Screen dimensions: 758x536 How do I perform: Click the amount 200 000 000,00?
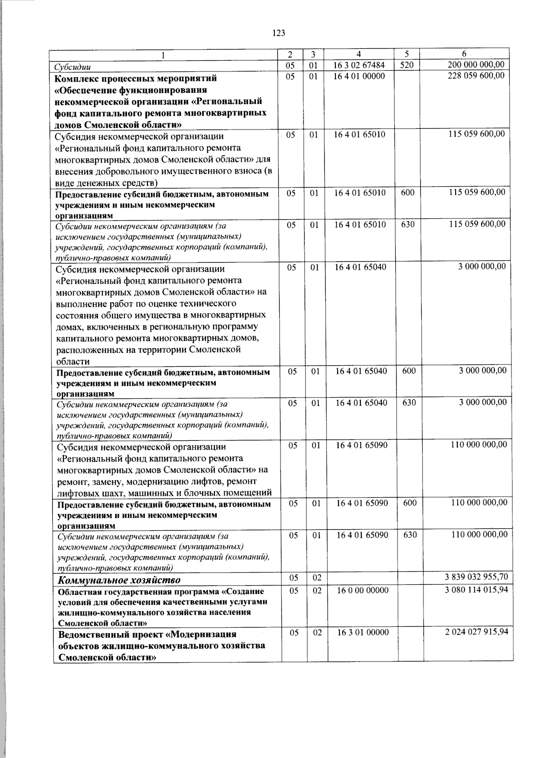[476, 66]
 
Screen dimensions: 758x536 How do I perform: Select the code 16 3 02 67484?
[359, 66]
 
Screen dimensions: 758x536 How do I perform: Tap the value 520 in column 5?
[406, 66]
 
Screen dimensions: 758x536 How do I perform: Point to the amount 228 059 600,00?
[476, 76]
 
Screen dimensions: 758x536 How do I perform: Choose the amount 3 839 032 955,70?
[476, 577]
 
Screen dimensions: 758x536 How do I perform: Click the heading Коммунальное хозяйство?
[120, 580]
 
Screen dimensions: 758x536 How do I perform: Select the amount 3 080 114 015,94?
[476, 590]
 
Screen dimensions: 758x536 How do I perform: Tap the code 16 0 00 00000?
[363, 590]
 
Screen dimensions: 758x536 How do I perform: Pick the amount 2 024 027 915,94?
[476, 632]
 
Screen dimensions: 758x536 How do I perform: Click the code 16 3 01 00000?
[363, 632]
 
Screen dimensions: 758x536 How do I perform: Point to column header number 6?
[464, 54]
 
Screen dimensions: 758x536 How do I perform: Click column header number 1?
[163, 55]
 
